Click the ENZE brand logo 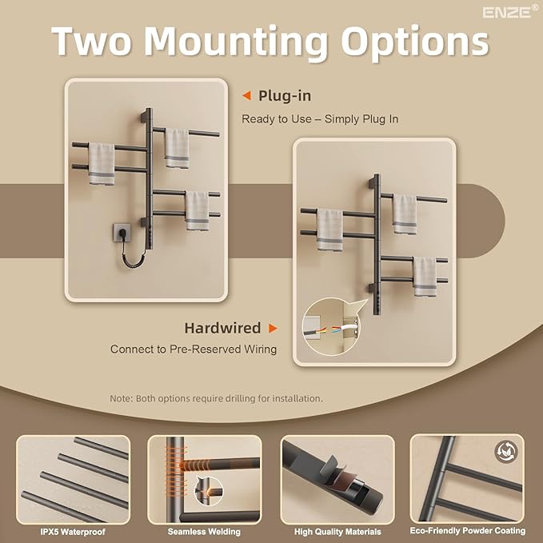tap(510, 12)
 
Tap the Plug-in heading tap(285, 96)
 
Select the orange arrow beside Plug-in tap(246, 96)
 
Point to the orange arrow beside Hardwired tap(273, 328)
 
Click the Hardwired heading tap(222, 328)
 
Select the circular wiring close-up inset tap(331, 326)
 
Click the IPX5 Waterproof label tap(73, 532)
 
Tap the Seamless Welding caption tap(204, 532)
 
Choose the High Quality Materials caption tap(337, 532)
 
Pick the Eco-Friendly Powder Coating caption tap(468, 531)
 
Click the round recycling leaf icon tap(506, 452)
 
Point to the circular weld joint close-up tap(209, 491)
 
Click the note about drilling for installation tap(216, 398)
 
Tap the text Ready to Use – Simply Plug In tap(320, 119)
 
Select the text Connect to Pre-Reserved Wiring tap(194, 349)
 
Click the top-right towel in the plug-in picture tap(177, 148)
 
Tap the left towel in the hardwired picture tap(330, 230)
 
